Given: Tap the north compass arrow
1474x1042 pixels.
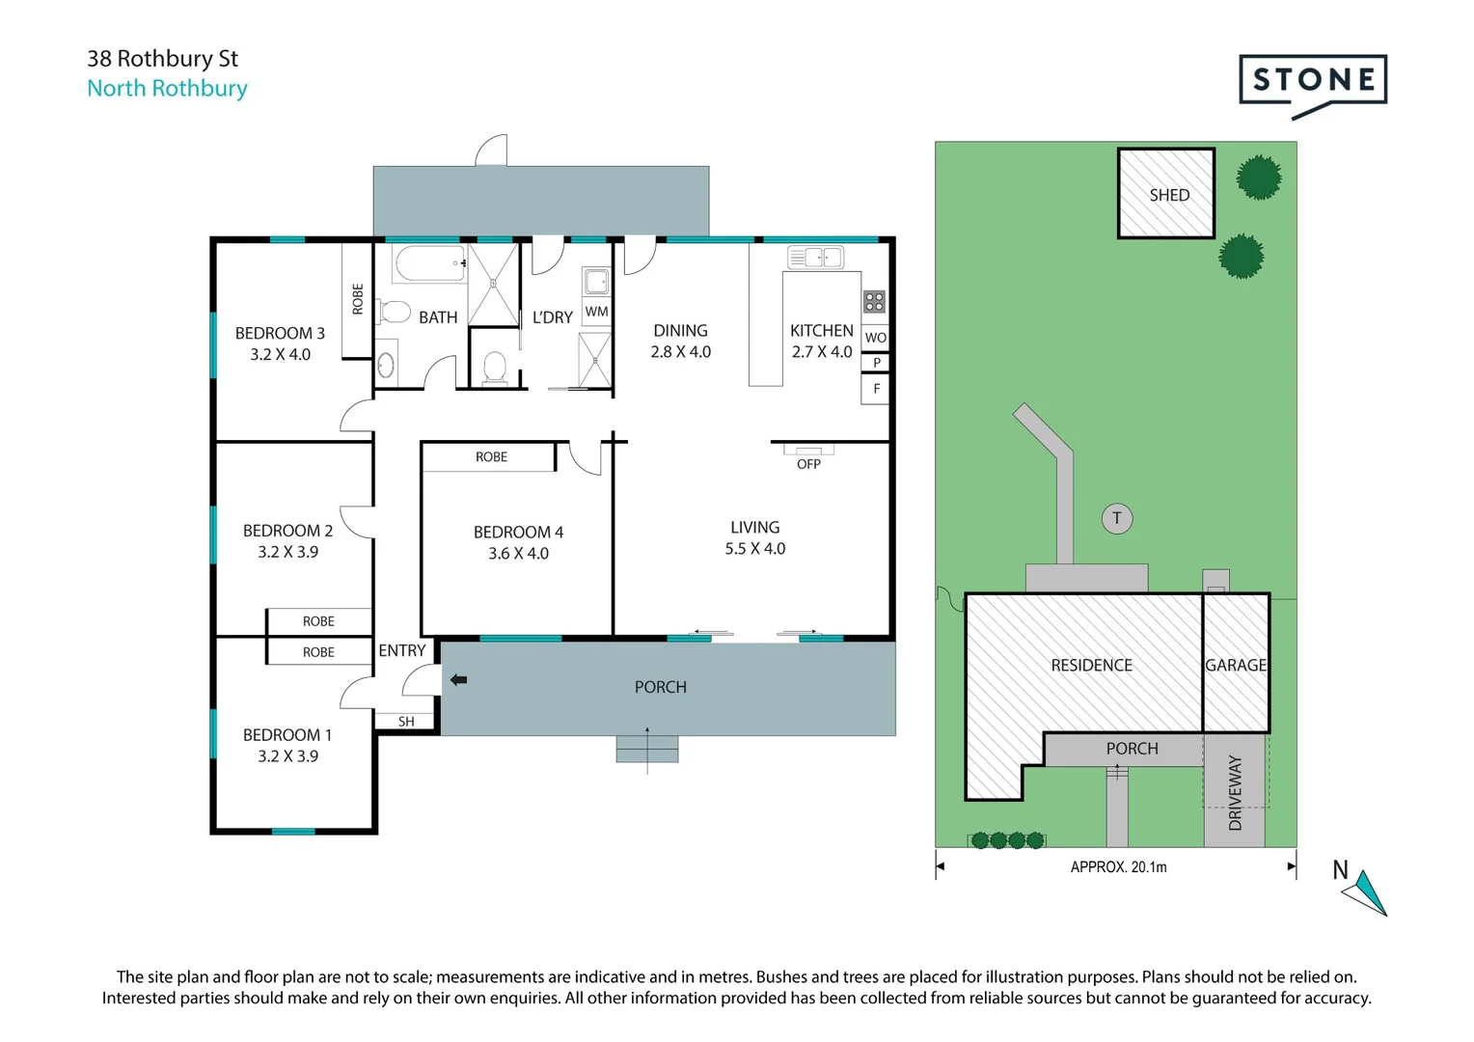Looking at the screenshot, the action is tap(1366, 893).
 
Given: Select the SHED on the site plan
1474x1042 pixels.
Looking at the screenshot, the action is tap(1166, 194).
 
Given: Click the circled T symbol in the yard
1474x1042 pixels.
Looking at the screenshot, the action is tap(1117, 519).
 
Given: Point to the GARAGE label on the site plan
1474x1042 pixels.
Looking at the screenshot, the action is tap(1236, 665).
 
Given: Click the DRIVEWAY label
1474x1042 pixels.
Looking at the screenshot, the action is tap(1235, 792).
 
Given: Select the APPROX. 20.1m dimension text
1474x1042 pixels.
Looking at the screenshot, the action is tap(1118, 867).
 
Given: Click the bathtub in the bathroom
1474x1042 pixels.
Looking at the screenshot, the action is tap(431, 263).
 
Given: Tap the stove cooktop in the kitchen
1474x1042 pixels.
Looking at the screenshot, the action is tap(875, 302).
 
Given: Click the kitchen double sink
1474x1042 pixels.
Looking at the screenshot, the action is tap(816, 258).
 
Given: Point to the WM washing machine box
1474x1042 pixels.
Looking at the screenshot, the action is tap(596, 312).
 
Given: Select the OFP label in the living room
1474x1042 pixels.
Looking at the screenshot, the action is tap(808, 464).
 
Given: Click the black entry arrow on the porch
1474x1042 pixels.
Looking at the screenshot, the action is tap(458, 680).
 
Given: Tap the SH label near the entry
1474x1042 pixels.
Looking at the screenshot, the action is tap(407, 722).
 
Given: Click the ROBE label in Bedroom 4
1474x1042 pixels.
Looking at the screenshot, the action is tap(492, 456).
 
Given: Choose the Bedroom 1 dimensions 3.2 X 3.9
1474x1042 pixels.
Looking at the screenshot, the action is tap(287, 756).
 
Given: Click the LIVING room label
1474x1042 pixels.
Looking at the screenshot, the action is tap(754, 527).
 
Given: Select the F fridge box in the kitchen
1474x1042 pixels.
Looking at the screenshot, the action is tap(876, 389).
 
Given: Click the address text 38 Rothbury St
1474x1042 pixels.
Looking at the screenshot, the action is tap(162, 59).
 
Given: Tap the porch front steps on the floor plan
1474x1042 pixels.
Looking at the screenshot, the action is tap(647, 749).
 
